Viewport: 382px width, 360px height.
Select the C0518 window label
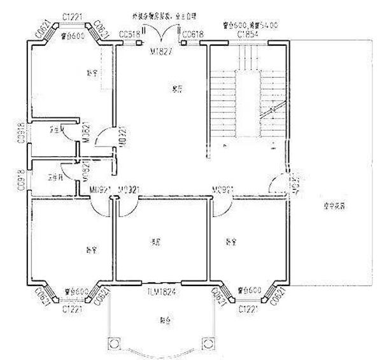coord(129,33)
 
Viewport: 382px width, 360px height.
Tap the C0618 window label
coord(193,33)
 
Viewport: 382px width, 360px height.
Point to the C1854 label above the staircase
coord(247,33)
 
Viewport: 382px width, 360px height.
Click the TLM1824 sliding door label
coord(161,292)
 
